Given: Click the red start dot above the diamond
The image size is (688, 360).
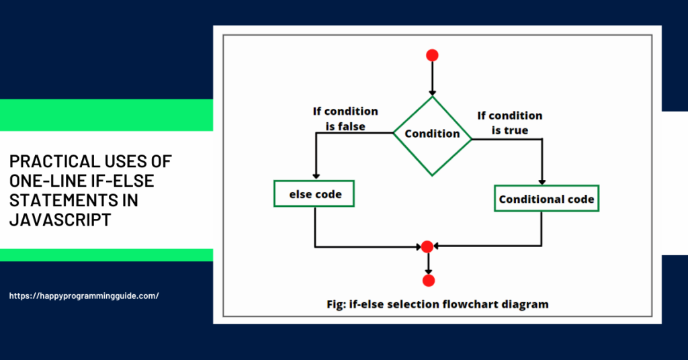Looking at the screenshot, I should tap(432, 56).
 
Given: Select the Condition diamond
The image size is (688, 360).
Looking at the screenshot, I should tap(432, 133).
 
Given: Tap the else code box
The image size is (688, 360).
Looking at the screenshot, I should tap(314, 195).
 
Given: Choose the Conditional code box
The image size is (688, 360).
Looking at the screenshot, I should tap(546, 199).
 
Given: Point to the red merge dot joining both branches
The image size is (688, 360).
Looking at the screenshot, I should tap(426, 246).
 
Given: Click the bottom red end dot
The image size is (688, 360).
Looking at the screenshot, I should tap(428, 279).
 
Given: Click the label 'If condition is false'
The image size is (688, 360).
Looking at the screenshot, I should tap(345, 118).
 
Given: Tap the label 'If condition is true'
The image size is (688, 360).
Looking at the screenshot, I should tap(509, 123).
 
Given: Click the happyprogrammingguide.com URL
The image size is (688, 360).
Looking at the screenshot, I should tap(85, 296).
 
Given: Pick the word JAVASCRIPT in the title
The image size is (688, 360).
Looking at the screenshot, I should tap(60, 220).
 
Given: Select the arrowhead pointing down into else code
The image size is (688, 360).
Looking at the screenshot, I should tap(314, 175).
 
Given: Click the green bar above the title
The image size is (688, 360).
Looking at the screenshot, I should tap(106, 115).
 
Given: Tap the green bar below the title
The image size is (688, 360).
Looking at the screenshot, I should tap(106, 255).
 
